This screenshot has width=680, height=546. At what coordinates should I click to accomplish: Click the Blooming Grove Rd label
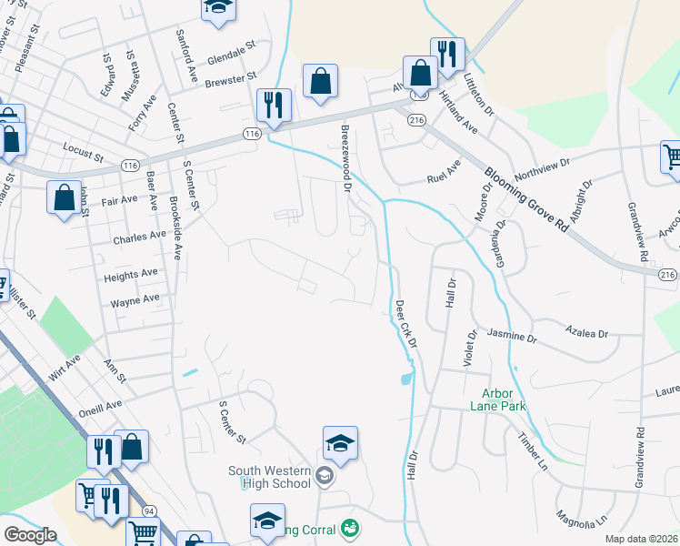tap(527, 200)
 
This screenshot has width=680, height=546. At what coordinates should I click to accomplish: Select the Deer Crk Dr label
tap(405, 323)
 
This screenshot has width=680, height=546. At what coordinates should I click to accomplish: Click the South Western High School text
tap(270, 477)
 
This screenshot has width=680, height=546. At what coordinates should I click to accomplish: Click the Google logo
tap(30, 535)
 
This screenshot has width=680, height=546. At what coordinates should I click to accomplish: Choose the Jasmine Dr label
tap(512, 336)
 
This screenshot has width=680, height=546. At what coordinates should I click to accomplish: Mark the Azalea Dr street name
tap(586, 333)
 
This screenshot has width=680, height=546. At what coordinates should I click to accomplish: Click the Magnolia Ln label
tap(582, 517)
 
